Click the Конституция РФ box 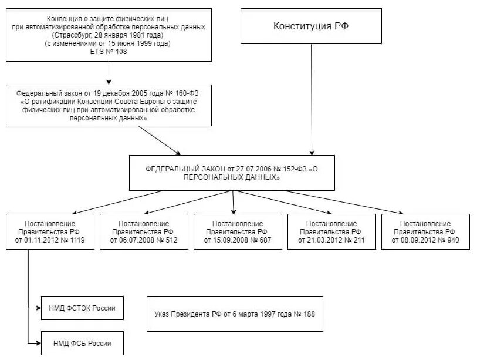[x=311, y=26]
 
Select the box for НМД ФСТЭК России [x=83, y=308]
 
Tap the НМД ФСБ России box [x=83, y=343]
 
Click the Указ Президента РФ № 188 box [x=235, y=314]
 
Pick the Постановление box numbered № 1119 [x=50, y=232]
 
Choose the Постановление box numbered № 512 [x=144, y=232]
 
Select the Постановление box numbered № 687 [x=238, y=232]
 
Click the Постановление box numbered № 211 [x=331, y=232]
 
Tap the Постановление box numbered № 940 [x=425, y=232]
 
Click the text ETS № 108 [x=109, y=52]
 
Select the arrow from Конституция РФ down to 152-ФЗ [x=312, y=100]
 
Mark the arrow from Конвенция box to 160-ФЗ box [x=109, y=73]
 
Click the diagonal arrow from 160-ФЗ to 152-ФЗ [x=160, y=140]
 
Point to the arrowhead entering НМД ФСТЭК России [x=39, y=308]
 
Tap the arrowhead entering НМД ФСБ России [x=39, y=343]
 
